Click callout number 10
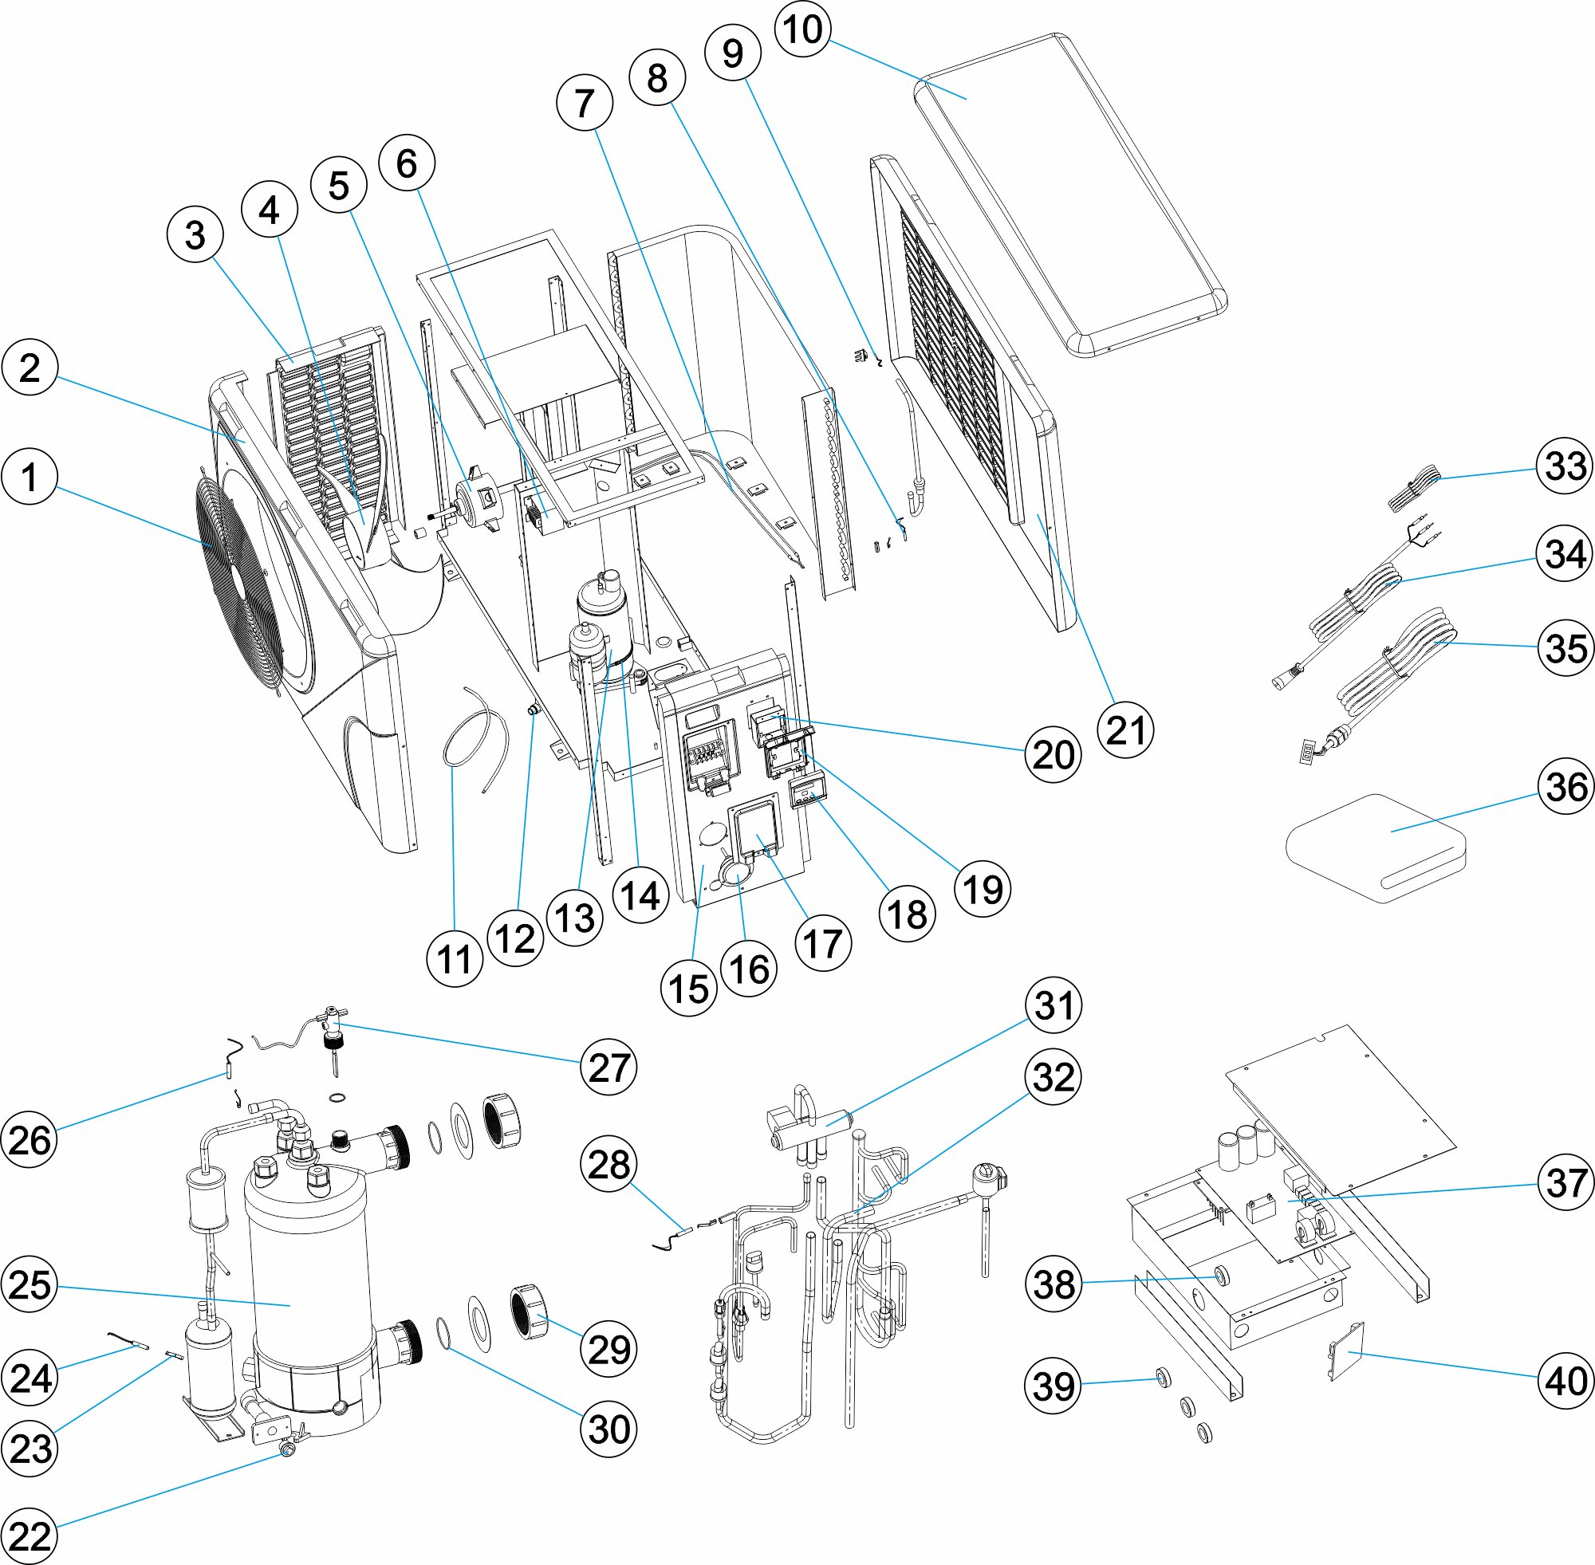pos(802,29)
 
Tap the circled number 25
pos(30,1284)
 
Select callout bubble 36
pos(1566,787)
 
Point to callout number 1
pos(30,477)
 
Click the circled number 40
pos(1566,1381)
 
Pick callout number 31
pos(1053,1005)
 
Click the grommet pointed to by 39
pos(1162,1378)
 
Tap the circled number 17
pos(823,944)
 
